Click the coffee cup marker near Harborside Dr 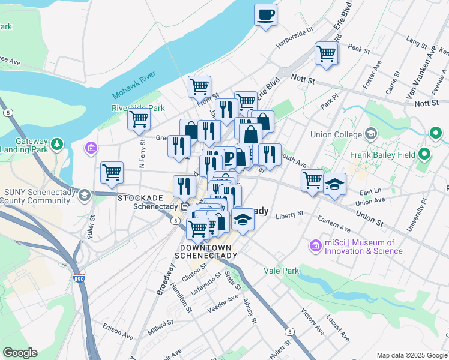coord(265,15)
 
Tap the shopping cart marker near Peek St coord(326,53)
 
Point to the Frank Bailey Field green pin coord(425,155)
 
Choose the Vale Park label coord(281,271)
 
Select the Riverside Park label coord(138,108)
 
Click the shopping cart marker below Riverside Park coord(139,119)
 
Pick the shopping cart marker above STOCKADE coord(112,172)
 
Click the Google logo coord(19,353)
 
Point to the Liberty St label coord(290,214)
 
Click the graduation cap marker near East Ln coord(334,184)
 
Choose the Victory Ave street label coord(313,322)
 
